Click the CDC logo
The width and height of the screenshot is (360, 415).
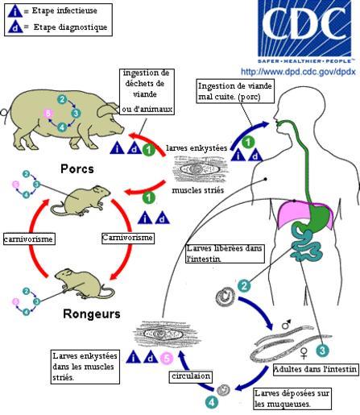tap(304, 31)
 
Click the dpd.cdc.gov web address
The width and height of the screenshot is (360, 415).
tap(298, 72)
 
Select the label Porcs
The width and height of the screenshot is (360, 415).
tap(77, 169)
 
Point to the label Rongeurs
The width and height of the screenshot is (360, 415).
tap(92, 313)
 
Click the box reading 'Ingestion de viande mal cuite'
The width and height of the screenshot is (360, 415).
tap(235, 91)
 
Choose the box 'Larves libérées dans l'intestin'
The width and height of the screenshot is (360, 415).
tap(225, 253)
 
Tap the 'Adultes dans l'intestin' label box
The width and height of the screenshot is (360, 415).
tap(316, 370)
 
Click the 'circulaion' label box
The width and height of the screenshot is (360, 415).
tap(191, 376)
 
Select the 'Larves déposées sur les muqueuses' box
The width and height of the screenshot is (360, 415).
tap(292, 399)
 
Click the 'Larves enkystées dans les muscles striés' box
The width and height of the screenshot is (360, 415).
tap(85, 367)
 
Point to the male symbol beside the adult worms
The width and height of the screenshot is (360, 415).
tap(286, 324)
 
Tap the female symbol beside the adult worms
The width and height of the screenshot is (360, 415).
tap(304, 353)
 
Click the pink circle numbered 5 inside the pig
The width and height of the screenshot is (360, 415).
tap(48, 114)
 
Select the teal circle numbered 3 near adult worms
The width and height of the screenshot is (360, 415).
tap(322, 351)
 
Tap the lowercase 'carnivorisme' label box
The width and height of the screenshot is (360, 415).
tap(29, 239)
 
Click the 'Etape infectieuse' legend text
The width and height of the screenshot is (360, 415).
tap(64, 10)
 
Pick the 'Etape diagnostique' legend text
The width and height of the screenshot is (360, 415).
tap(70, 27)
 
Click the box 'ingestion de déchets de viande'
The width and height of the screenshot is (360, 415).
tap(147, 92)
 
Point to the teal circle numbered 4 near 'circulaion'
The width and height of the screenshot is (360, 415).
tap(212, 403)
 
